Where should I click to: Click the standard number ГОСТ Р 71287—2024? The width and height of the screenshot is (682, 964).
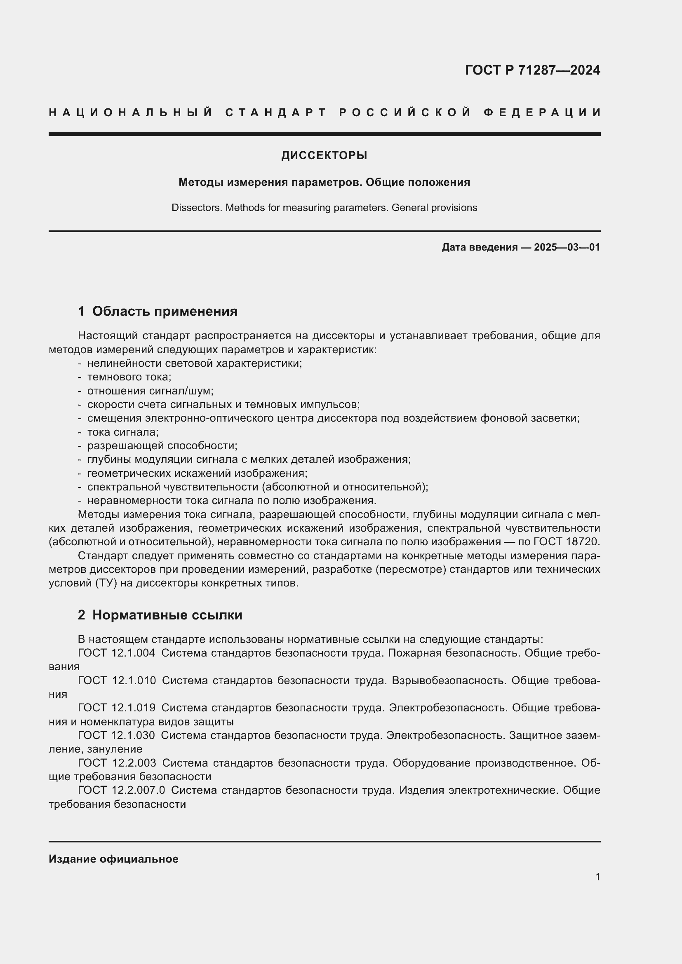pyautogui.click(x=532, y=70)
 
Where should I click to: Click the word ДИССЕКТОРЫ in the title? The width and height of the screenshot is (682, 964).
pyautogui.click(x=324, y=156)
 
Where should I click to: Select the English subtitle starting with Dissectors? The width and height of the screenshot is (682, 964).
pyautogui.click(x=324, y=208)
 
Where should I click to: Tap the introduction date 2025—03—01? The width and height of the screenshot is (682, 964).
pyautogui.click(x=567, y=247)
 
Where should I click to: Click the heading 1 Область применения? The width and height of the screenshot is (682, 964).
pyautogui.click(x=158, y=311)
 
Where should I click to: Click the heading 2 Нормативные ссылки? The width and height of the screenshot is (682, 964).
pyautogui.click(x=160, y=615)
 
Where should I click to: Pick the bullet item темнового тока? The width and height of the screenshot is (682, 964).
pyautogui.click(x=129, y=377)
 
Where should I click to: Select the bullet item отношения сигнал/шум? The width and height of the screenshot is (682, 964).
pyautogui.click(x=151, y=391)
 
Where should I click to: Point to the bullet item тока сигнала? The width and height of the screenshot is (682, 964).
pyautogui.click(x=122, y=432)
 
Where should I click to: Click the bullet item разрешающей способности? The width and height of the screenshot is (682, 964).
pyautogui.click(x=162, y=446)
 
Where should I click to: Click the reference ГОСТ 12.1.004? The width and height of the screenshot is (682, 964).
pyautogui.click(x=116, y=653)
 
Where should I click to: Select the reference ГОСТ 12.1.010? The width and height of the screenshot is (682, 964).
pyautogui.click(x=117, y=680)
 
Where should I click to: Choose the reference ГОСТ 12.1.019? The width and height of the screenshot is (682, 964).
pyautogui.click(x=116, y=708)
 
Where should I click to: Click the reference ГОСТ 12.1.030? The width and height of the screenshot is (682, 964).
pyautogui.click(x=116, y=736)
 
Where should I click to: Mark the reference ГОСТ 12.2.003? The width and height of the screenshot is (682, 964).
pyautogui.click(x=117, y=763)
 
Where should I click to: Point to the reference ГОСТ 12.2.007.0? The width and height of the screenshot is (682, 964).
pyautogui.click(x=121, y=790)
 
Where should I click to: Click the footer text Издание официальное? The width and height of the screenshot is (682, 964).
pyautogui.click(x=113, y=859)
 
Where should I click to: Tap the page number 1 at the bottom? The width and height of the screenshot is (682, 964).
pyautogui.click(x=597, y=877)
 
